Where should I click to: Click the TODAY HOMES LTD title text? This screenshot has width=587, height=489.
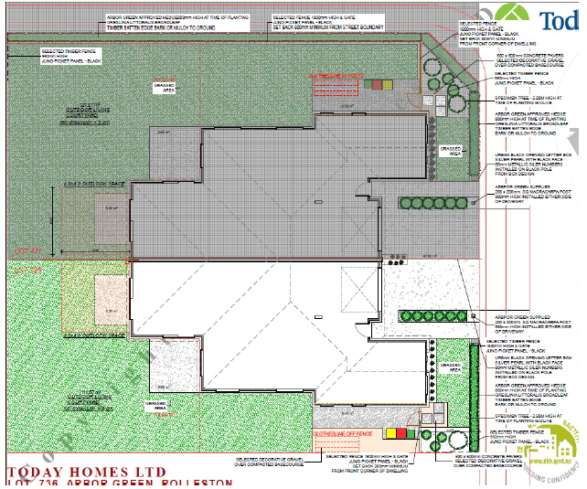[x=91, y=462]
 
